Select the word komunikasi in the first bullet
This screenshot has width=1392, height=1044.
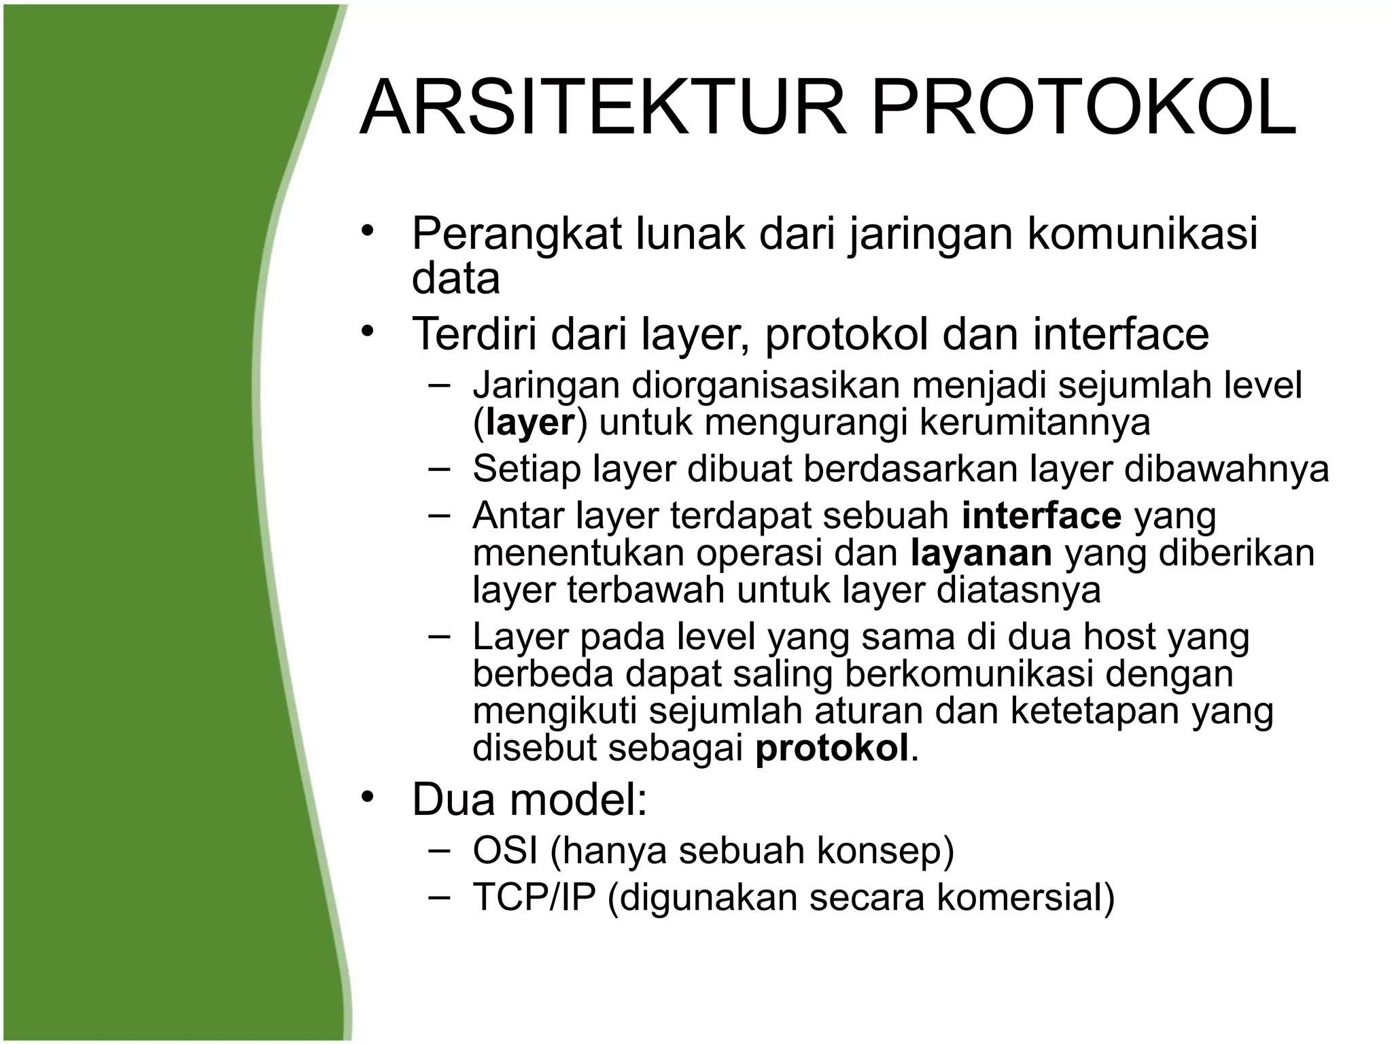click(1142, 233)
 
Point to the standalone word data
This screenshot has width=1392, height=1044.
click(455, 279)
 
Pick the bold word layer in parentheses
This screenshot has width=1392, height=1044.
click(531, 423)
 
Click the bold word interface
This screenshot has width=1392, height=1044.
click(1041, 516)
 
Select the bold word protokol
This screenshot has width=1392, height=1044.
click(832, 748)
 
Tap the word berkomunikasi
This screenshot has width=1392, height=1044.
click(969, 674)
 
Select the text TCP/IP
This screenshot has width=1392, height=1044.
click(534, 897)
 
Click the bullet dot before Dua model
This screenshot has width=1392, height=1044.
click(368, 796)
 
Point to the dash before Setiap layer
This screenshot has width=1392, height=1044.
click(440, 468)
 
